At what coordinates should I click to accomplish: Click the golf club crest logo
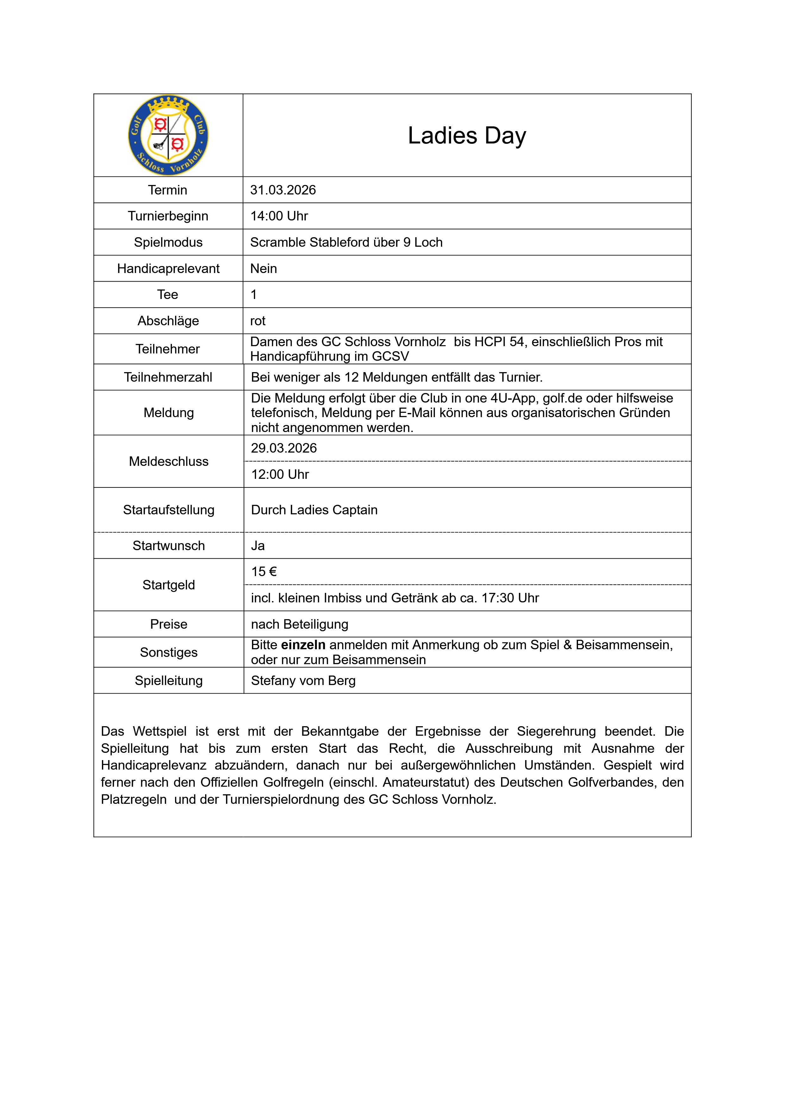pos(168,135)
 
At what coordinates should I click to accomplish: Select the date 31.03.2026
pos(283,190)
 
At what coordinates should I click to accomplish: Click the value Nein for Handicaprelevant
pos(264,269)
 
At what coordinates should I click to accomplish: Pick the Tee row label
pos(167,294)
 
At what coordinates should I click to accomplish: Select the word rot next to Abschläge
pos(258,321)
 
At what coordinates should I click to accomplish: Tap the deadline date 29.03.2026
pos(284,448)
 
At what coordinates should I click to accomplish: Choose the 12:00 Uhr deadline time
pos(280,474)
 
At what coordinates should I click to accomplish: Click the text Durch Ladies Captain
pos(314,510)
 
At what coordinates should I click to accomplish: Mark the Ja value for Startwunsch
pos(258,545)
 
